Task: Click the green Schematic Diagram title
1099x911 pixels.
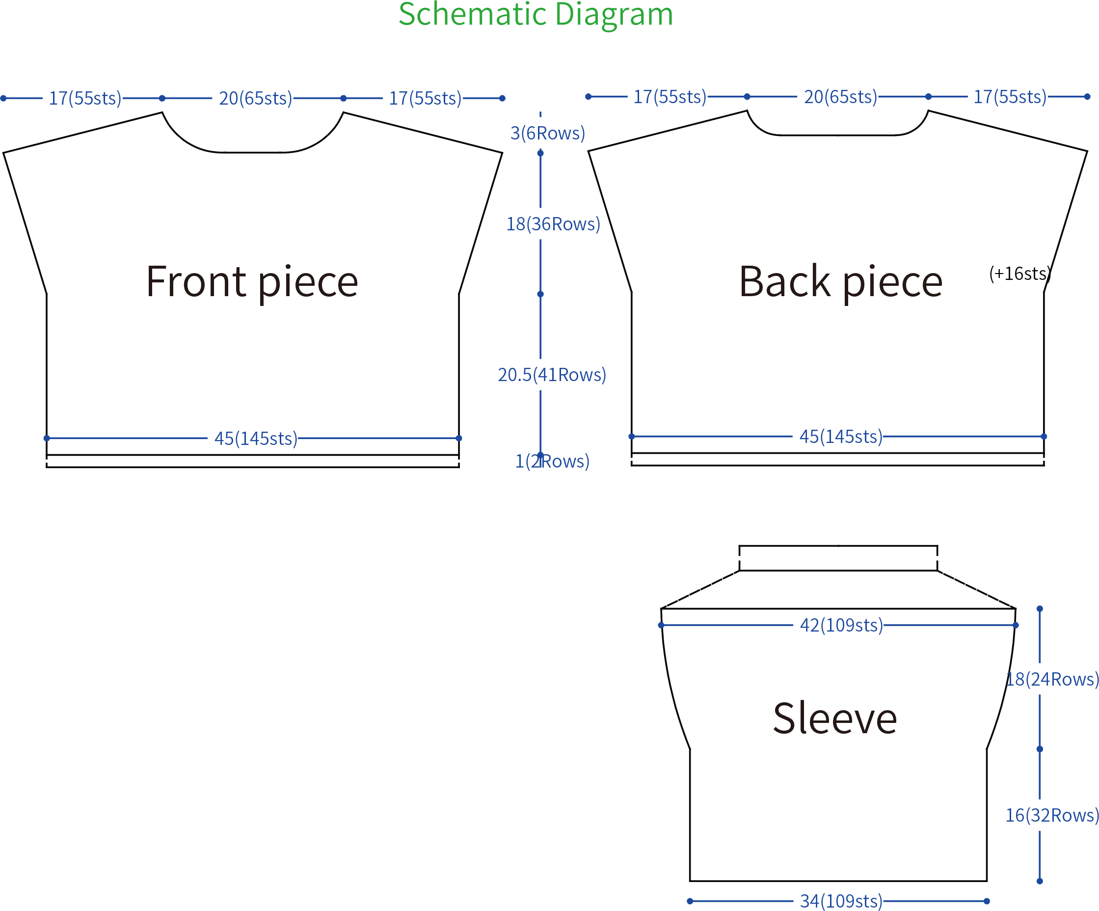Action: click(x=536, y=14)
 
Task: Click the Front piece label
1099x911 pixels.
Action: click(x=252, y=282)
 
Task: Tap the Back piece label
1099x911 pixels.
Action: click(x=840, y=282)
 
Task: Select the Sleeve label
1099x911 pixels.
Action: click(x=835, y=719)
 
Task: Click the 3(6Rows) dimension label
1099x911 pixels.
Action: click(x=547, y=134)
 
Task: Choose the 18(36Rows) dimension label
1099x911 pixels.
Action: click(x=553, y=224)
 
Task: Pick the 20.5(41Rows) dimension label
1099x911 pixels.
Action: click(x=552, y=375)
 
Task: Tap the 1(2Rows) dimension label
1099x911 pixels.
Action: click(x=552, y=461)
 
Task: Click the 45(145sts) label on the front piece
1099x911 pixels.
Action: click(x=256, y=439)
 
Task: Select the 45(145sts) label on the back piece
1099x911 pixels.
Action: click(x=841, y=437)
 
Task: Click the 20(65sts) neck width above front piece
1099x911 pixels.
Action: click(x=255, y=98)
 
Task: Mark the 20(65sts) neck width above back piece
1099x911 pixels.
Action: click(x=840, y=97)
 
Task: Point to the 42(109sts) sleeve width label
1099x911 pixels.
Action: click(x=841, y=625)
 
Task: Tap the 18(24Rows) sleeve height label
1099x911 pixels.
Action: click(x=1052, y=679)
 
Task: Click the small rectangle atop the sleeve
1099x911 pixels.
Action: click(x=838, y=546)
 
